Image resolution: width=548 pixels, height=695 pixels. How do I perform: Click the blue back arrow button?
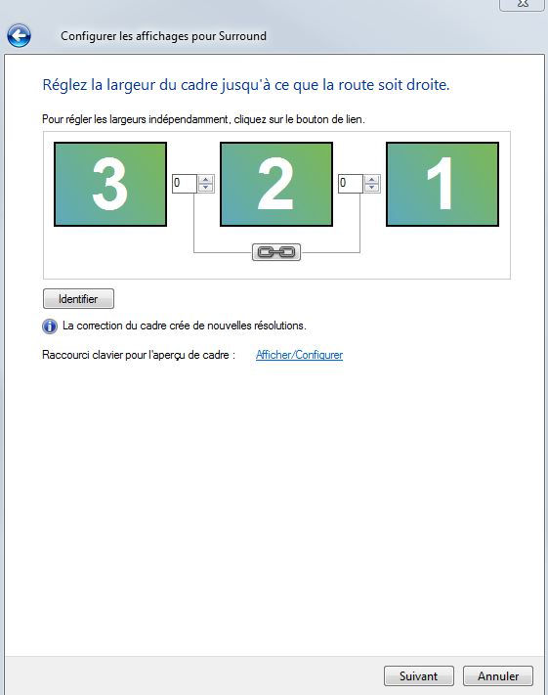[x=20, y=35]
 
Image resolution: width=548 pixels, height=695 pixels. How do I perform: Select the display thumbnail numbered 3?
[x=110, y=184]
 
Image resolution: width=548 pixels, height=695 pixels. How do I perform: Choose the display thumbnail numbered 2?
[x=276, y=184]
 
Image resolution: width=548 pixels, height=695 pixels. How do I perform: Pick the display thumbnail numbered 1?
[x=443, y=184]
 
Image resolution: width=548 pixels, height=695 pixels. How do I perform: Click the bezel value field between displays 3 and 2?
[x=185, y=183]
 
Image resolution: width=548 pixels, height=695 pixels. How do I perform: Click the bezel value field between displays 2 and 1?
[x=351, y=183]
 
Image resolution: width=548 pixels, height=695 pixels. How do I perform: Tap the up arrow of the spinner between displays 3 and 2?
[x=205, y=180]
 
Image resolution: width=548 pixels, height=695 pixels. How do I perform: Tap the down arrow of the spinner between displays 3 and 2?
[x=205, y=188]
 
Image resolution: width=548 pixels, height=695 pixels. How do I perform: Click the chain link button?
[x=276, y=252]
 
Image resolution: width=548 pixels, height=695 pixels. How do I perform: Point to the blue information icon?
[x=50, y=326]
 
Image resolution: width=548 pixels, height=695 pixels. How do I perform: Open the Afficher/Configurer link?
[x=300, y=355]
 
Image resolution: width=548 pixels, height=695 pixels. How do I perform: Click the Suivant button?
[x=419, y=676]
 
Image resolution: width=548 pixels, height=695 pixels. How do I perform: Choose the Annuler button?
[x=498, y=676]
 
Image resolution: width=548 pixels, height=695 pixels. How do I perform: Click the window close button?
[x=523, y=4]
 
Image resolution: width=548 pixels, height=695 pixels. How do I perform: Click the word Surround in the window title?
[x=242, y=36]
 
